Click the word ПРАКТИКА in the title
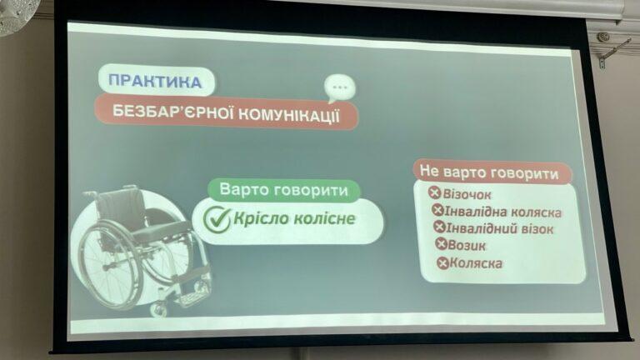(x=155, y=81)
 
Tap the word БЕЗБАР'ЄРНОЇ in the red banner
(x=172, y=112)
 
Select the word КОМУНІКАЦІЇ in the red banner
(x=288, y=116)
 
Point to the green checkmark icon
(x=217, y=219)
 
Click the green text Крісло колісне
(x=294, y=219)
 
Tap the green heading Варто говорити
(x=283, y=190)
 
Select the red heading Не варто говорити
(x=489, y=172)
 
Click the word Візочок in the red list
(x=467, y=195)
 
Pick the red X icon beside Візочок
(x=435, y=192)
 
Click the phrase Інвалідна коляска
(x=502, y=212)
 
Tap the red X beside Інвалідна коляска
(x=437, y=210)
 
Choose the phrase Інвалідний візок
(x=500, y=228)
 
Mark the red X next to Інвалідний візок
(x=440, y=227)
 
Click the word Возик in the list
(x=467, y=246)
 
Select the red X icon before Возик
(x=441, y=244)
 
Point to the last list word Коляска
(x=476, y=263)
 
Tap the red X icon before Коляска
(x=442, y=262)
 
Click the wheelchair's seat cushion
(x=160, y=232)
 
